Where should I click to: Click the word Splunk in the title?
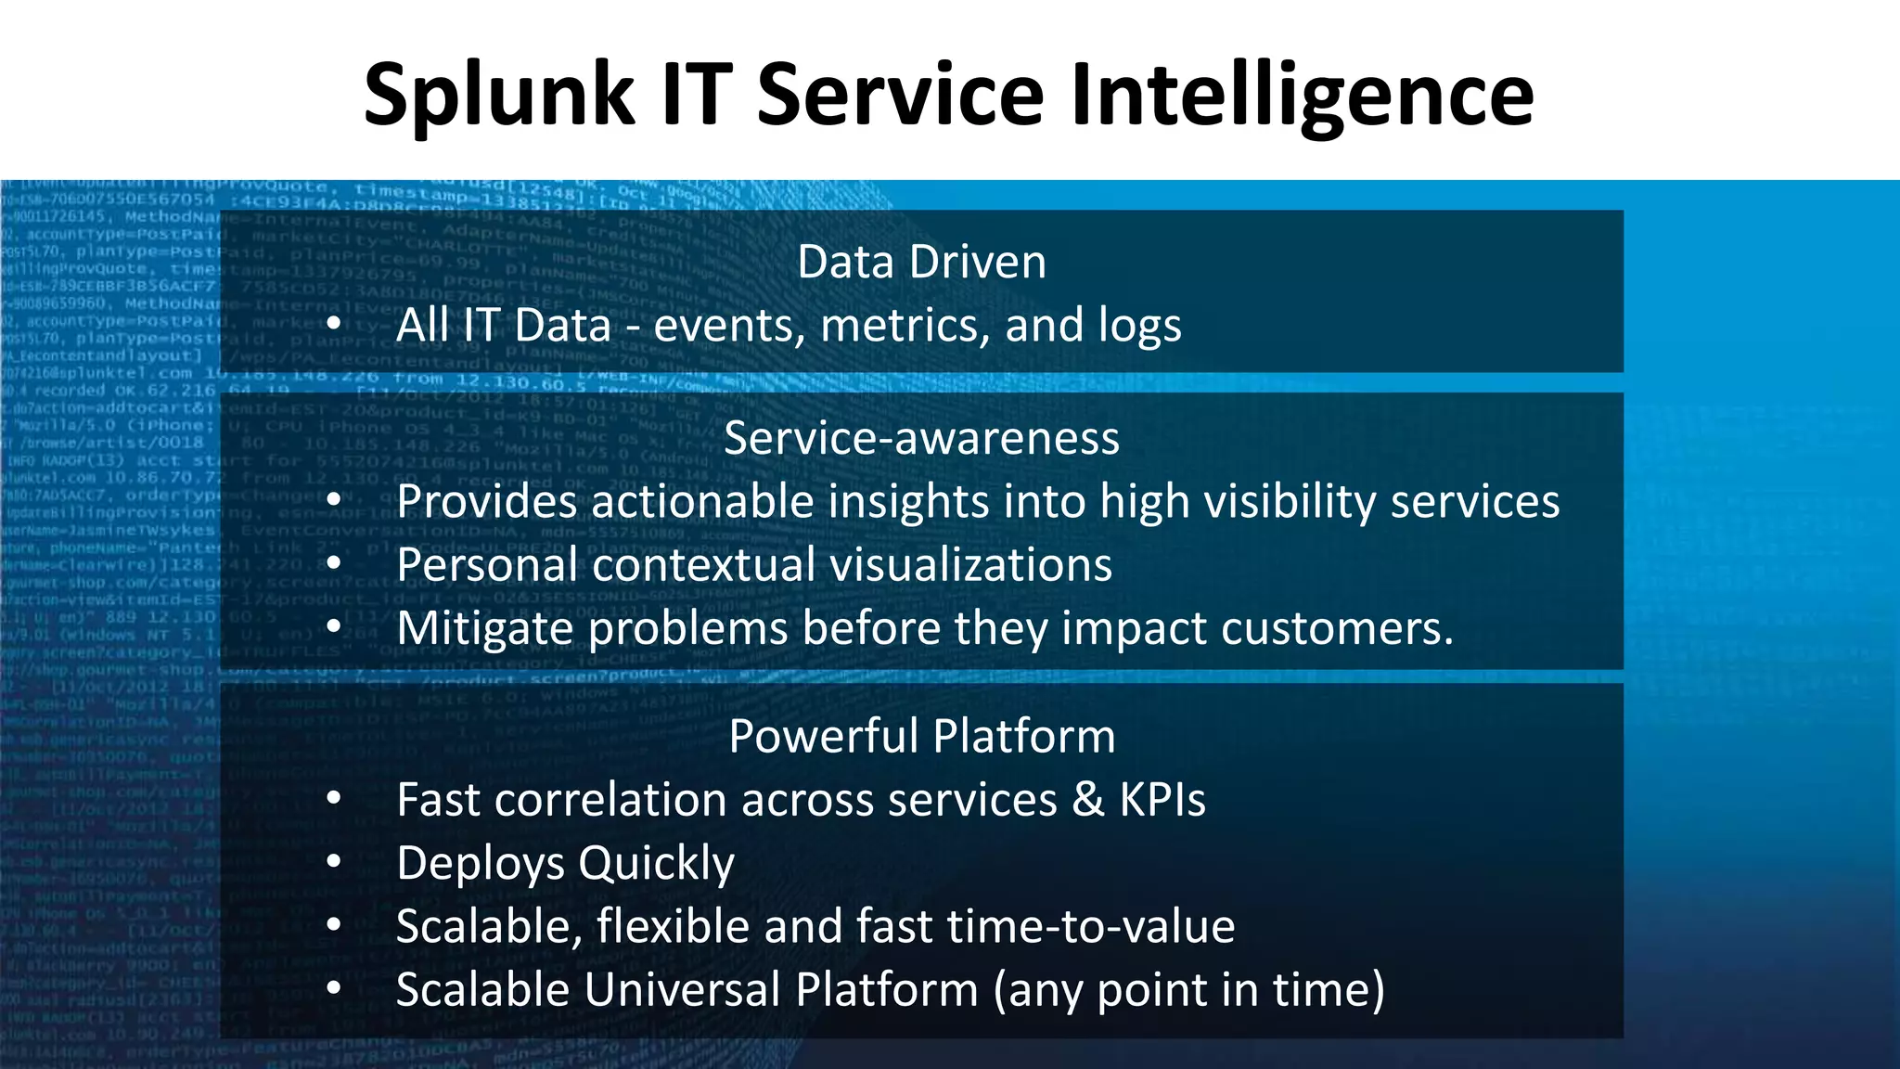(x=498, y=95)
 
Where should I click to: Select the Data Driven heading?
(x=921, y=262)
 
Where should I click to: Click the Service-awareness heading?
(x=921, y=438)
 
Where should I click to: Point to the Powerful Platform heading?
(x=921, y=737)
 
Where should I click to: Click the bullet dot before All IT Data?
(x=334, y=325)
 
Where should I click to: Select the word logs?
(x=1140, y=326)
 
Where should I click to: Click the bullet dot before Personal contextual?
(x=334, y=564)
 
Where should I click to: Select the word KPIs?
(x=1162, y=800)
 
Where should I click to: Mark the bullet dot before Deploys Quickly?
(x=334, y=862)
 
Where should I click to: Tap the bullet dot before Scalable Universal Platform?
(x=334, y=988)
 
